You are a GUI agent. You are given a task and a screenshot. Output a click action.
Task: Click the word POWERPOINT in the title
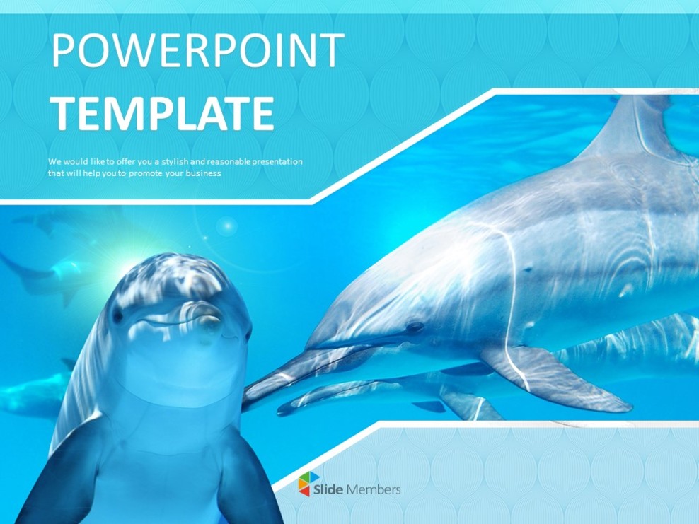tap(198, 51)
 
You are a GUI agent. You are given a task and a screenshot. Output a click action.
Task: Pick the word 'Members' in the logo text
tap(379, 489)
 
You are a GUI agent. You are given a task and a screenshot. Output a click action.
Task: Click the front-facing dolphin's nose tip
tap(208, 325)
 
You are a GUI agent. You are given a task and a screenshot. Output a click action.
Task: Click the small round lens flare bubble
tap(226, 226)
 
